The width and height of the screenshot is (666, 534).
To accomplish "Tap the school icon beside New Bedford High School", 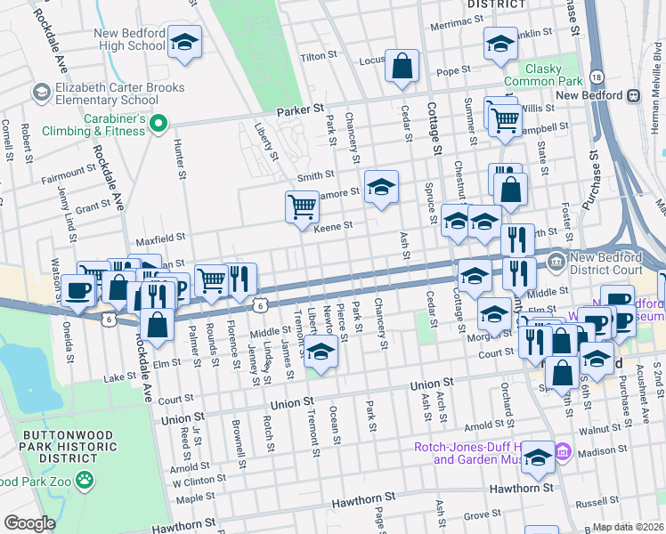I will [x=184, y=42].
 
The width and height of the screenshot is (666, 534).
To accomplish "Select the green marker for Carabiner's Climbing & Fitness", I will [x=158, y=124].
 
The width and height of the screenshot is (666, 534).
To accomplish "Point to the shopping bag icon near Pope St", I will [x=402, y=65].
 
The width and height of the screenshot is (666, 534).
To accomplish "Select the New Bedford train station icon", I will [x=634, y=95].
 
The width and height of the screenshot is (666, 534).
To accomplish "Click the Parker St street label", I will [x=298, y=109].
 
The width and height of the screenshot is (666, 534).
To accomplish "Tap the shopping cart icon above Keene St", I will [x=302, y=206].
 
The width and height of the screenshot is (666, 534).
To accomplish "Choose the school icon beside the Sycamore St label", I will [x=381, y=186].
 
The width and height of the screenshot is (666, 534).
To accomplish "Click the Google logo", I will [x=29, y=523].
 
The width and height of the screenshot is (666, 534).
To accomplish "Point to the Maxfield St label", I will [x=160, y=239].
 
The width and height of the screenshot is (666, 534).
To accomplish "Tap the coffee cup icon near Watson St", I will [x=78, y=289].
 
